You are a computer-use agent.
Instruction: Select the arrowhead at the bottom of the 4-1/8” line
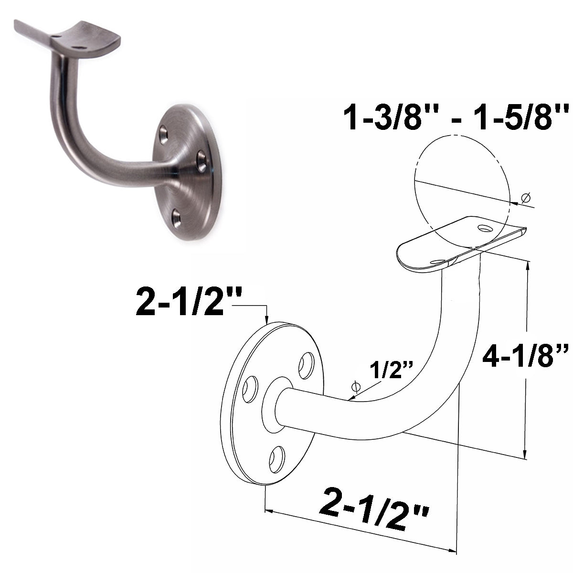click(x=525, y=454)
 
